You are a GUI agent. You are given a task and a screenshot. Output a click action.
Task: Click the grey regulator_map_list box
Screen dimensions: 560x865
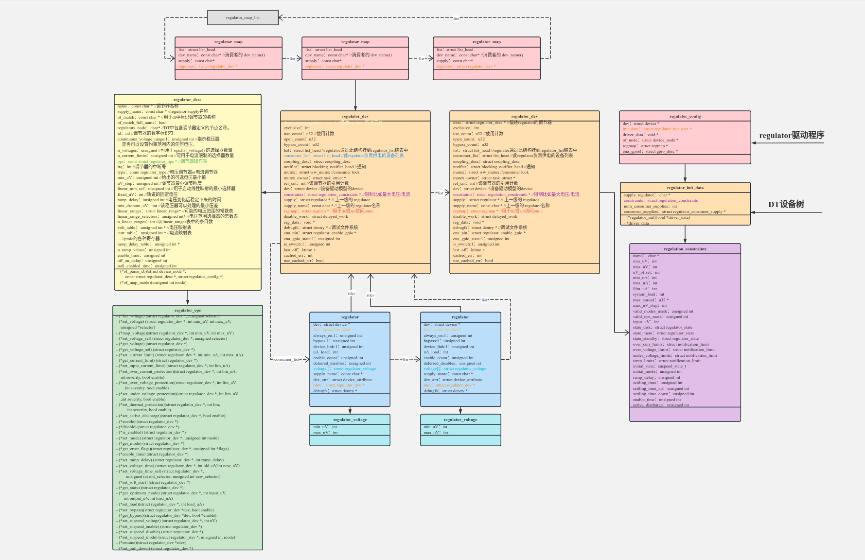coord(243,17)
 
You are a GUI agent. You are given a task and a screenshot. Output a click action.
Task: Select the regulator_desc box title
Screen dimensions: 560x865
coord(187,100)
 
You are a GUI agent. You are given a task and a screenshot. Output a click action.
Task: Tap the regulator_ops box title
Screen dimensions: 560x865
coord(187,310)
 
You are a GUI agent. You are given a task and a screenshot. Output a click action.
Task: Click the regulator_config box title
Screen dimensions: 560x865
coord(685,116)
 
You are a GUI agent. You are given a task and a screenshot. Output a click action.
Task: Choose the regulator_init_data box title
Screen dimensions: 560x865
coord(685,188)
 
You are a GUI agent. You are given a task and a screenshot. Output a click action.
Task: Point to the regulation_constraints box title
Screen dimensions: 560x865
coord(685,249)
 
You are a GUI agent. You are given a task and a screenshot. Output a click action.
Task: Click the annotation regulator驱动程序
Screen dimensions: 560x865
coord(792,135)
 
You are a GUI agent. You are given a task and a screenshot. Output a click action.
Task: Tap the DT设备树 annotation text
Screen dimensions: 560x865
coord(786,204)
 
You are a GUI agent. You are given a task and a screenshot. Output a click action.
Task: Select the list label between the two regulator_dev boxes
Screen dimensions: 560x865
coord(440,193)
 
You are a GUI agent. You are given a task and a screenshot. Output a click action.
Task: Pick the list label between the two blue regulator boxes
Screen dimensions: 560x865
coord(405,360)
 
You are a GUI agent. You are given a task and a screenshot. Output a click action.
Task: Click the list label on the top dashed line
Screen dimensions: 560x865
coord(456,18)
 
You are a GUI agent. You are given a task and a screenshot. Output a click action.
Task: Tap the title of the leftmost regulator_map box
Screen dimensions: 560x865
coord(228,42)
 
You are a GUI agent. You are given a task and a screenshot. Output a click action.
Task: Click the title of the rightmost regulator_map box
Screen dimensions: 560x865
coord(486,42)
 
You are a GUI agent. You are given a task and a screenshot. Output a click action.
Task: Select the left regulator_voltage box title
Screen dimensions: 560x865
coord(350,420)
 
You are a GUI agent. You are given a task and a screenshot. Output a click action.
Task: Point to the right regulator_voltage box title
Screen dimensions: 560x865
coord(460,420)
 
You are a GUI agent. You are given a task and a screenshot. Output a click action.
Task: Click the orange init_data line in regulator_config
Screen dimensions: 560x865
coord(656,129)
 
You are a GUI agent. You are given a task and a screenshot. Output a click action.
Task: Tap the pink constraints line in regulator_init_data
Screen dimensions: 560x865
coord(660,200)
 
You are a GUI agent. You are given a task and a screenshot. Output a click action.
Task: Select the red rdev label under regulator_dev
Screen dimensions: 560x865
coord(371,295)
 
